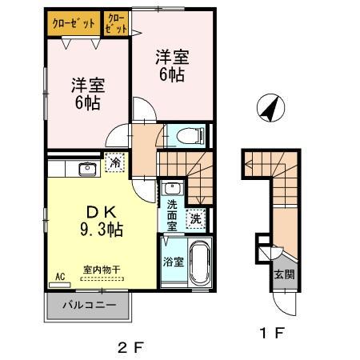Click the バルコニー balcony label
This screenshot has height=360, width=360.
pyautogui.click(x=89, y=306)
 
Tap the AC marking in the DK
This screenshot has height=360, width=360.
pyautogui.click(x=58, y=277)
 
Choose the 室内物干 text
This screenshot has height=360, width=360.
pyautogui.click(x=102, y=270)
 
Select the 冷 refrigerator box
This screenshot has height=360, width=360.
pyautogui.click(x=116, y=162)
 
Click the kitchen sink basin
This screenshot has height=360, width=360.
pyautogui.click(x=87, y=167)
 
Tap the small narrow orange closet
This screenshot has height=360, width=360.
pyautogui.click(x=116, y=23)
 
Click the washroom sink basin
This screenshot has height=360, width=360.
pyautogui.click(x=171, y=190)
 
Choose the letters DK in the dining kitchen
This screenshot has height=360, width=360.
pyautogui.click(x=99, y=212)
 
